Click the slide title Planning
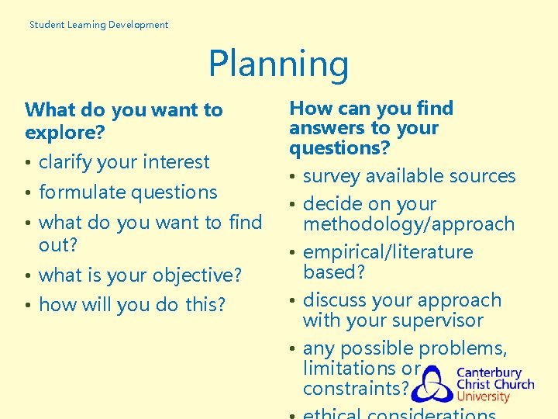[x=278, y=65]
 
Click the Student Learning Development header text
[x=98, y=25]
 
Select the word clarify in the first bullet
[x=65, y=162]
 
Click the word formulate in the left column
[x=84, y=192]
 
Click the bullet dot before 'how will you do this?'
[x=28, y=306]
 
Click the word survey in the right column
[x=332, y=177]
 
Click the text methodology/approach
[x=408, y=225]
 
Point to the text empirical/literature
[x=387, y=252]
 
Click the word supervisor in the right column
[x=437, y=320]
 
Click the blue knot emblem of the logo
[x=432, y=385]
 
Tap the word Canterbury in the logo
[x=488, y=372]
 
